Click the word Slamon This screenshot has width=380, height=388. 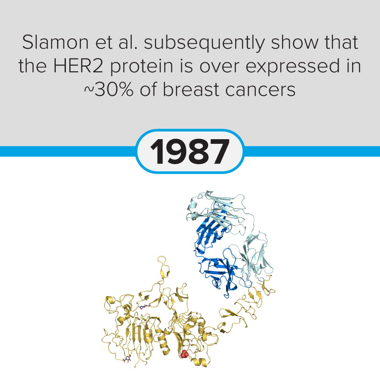point(55,42)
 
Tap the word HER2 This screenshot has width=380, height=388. point(78,66)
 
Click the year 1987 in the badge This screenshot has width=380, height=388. point(190,151)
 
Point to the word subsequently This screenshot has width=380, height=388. point(205,43)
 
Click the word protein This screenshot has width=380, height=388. point(141,67)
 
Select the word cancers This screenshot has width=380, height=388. point(261,90)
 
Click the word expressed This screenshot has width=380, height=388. point(293,67)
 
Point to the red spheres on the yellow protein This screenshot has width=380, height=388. point(185,354)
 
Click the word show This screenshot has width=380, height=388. point(294,42)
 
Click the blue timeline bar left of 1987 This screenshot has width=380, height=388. point(68,151)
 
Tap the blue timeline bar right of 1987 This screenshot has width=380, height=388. point(312,151)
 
